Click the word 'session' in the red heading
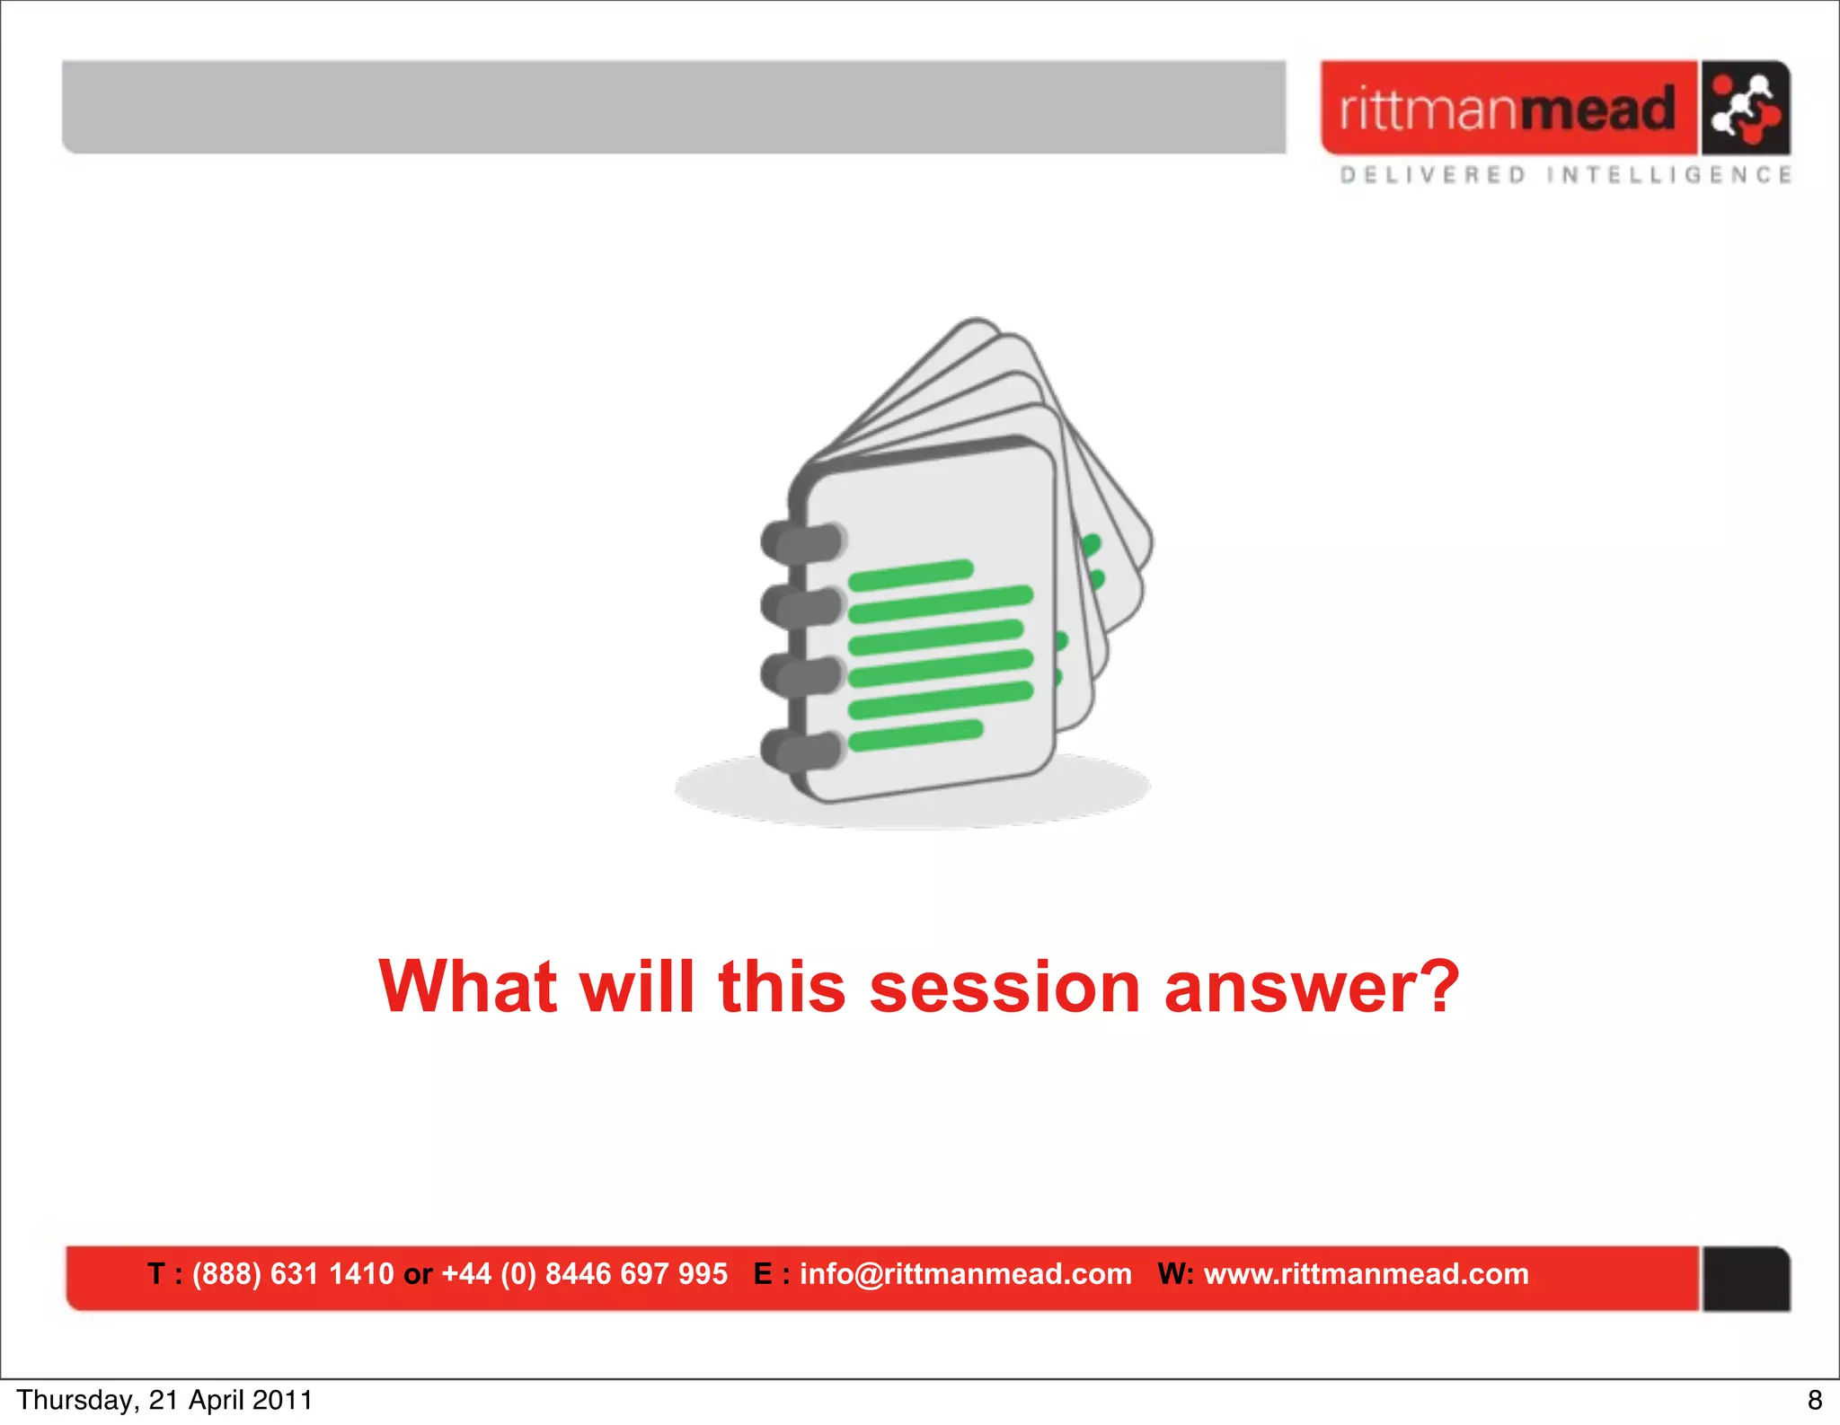(1004, 987)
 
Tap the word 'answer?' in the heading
(1312, 987)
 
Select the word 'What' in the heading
(467, 987)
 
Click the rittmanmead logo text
(1507, 110)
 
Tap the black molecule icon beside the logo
(1745, 109)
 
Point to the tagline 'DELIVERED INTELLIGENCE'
(1565, 175)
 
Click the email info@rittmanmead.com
(965, 1274)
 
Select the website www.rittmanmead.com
(1366, 1274)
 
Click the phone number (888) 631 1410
(293, 1274)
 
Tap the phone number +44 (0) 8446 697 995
(584, 1274)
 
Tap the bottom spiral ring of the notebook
(802, 749)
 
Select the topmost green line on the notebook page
(910, 575)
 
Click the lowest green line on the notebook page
(915, 734)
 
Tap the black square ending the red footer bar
(1746, 1279)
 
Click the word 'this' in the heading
(782, 987)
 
